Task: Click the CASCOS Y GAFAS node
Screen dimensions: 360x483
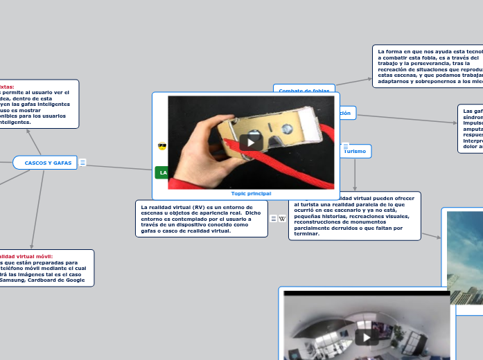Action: coord(47,163)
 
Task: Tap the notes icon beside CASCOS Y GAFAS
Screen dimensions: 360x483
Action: coord(82,163)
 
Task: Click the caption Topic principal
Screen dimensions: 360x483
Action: coord(251,194)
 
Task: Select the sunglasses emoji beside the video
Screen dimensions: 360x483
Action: coord(162,147)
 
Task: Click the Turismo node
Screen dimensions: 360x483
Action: coord(355,151)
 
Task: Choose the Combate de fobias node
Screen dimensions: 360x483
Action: coord(304,91)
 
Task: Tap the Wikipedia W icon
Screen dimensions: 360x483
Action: coord(282,219)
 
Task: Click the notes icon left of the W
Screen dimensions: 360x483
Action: coord(274,219)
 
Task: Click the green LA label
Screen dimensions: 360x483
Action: coord(163,172)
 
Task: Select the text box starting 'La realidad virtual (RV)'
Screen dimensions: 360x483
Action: coord(201,219)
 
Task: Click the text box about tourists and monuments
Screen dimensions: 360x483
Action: coord(354,216)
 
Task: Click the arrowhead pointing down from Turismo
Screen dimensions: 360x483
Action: coord(355,188)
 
